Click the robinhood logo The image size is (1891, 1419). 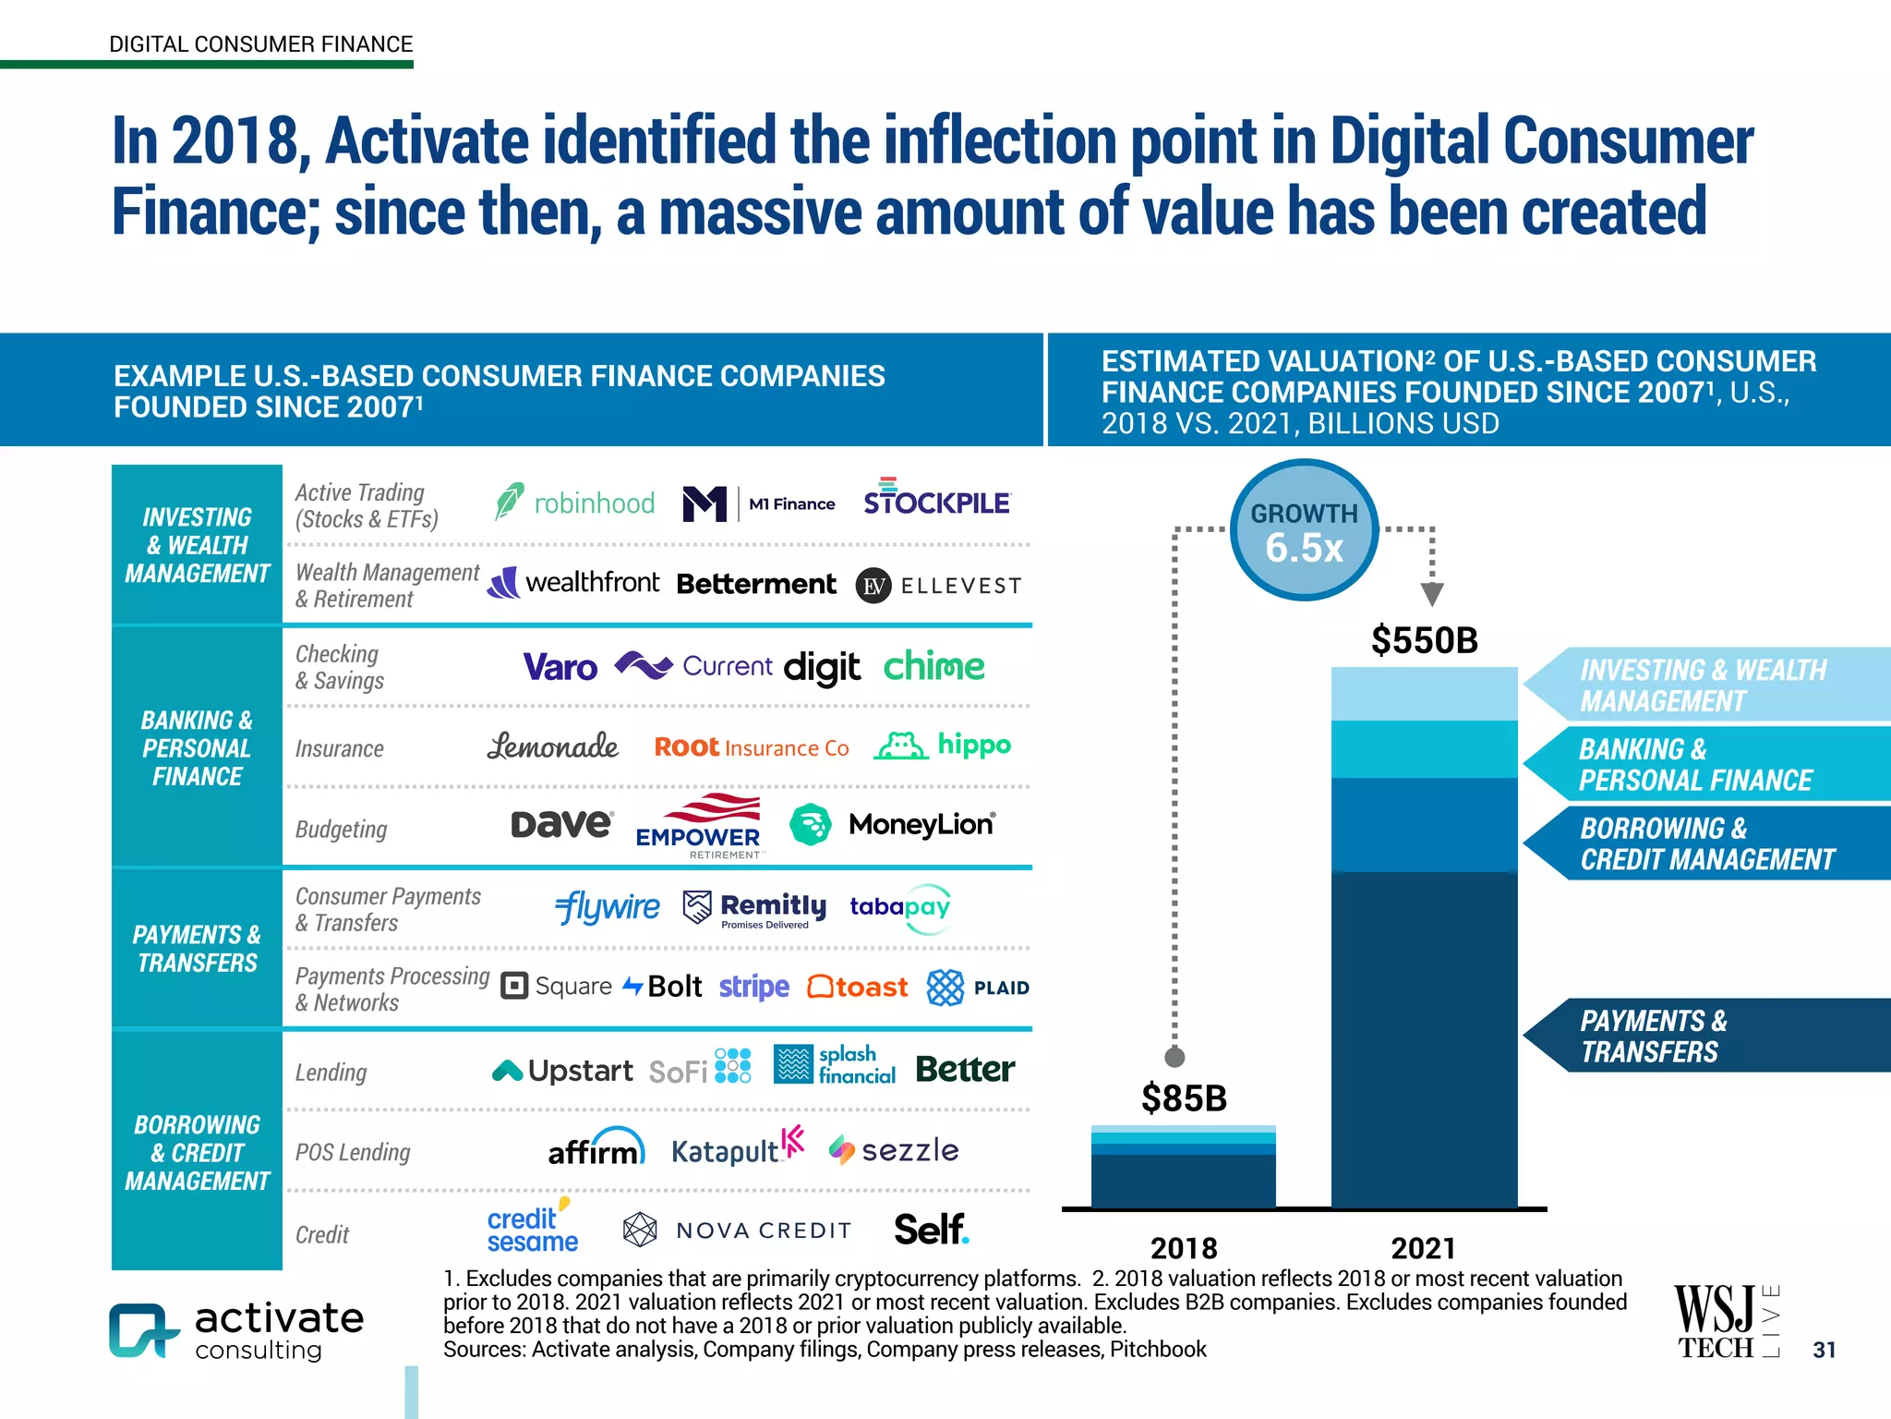coord(574,503)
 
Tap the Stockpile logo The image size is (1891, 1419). coord(936,499)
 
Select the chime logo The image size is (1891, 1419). coord(933,666)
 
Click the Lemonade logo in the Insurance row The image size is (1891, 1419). coord(552,746)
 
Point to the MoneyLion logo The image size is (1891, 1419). coord(893,824)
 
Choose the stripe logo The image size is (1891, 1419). coord(753,987)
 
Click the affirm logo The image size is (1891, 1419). coord(596,1148)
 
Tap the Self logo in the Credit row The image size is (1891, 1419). coord(931,1230)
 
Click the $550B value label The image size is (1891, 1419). coord(1424,640)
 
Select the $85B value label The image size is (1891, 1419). coord(1184,1098)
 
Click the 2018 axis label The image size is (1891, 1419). coord(1184,1248)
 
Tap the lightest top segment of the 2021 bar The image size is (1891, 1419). coord(1424,693)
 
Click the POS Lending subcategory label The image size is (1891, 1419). coord(353,1152)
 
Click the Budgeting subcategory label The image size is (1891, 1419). coord(341,829)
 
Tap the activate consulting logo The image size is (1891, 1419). coord(237,1330)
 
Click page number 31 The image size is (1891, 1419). coord(1824,1350)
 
